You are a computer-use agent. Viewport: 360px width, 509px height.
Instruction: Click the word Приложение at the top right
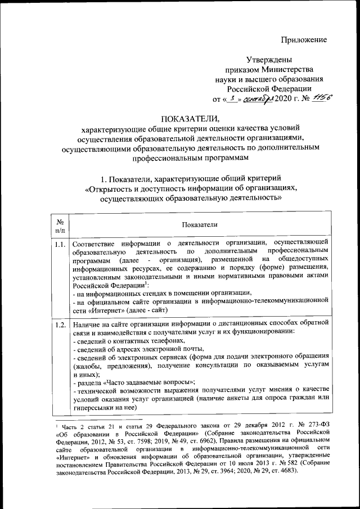pyautogui.click(x=304, y=39)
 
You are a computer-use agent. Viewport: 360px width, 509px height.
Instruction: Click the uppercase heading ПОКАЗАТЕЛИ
pyautogui.click(x=192, y=118)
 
